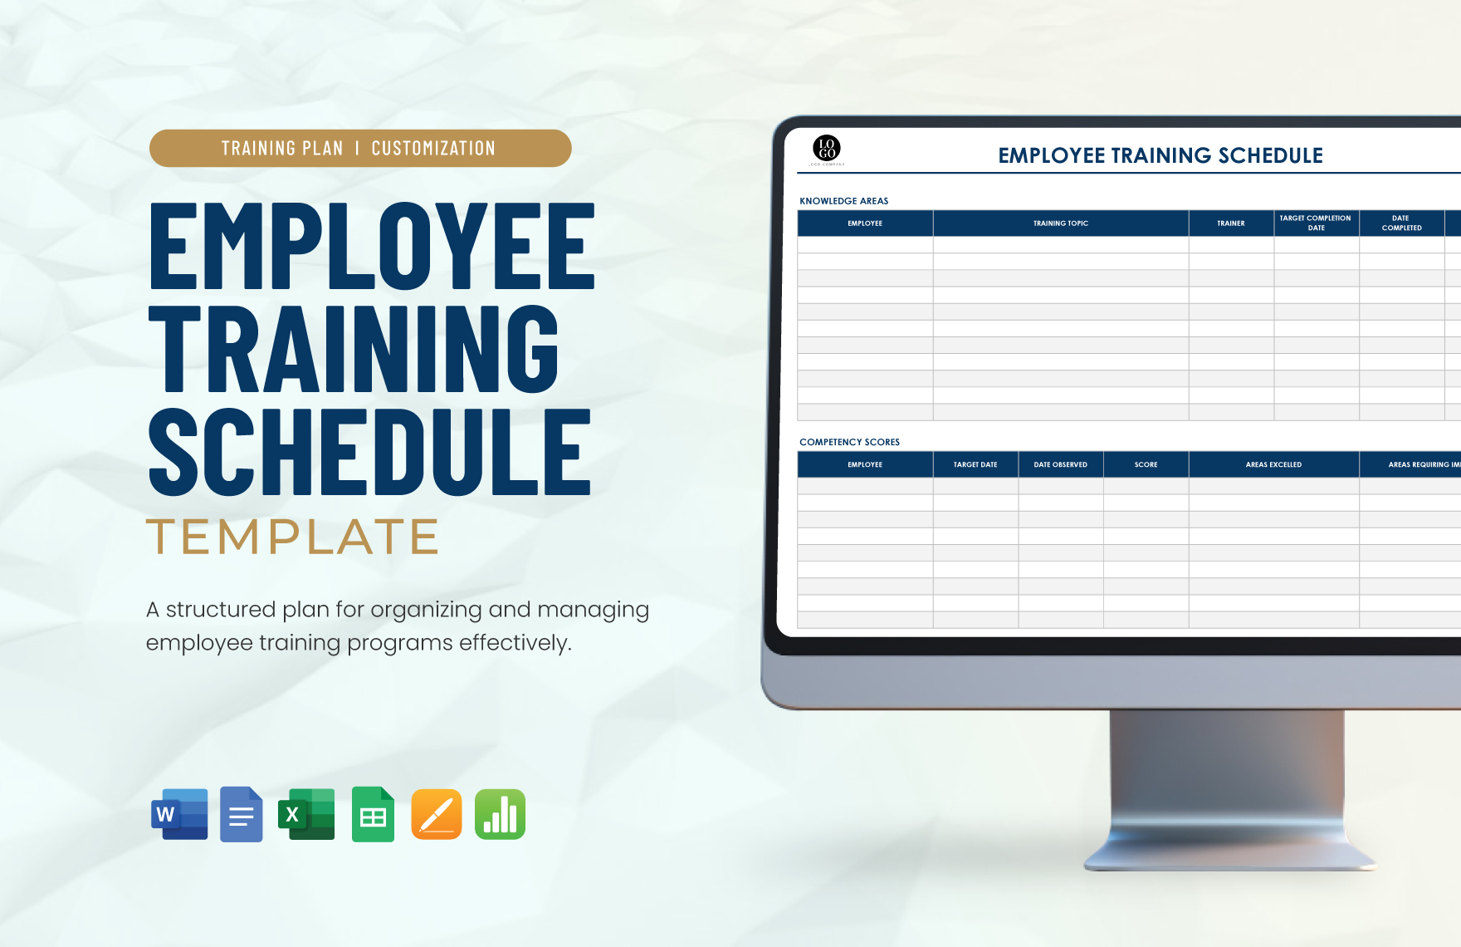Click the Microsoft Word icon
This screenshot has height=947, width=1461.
tap(179, 814)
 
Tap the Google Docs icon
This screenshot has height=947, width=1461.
tap(241, 814)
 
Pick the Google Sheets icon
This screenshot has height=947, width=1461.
tap(373, 814)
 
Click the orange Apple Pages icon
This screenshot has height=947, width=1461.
tap(437, 814)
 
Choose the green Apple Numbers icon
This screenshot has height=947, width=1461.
tap(500, 814)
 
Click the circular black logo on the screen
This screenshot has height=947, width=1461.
tap(827, 149)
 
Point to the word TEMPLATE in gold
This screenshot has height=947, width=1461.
tap(292, 537)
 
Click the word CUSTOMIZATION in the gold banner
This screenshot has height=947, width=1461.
tap(433, 149)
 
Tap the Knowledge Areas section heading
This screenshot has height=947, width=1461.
tap(843, 201)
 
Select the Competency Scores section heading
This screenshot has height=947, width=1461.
tap(849, 442)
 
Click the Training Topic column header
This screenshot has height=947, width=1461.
tap(1060, 223)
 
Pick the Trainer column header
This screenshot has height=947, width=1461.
tap(1230, 223)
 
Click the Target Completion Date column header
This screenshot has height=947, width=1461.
tap(1316, 223)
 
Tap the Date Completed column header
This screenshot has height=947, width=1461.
tap(1401, 223)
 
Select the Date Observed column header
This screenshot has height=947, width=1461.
tap(1060, 464)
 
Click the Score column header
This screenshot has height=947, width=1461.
tap(1146, 464)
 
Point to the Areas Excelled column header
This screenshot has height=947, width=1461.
tap(1273, 464)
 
